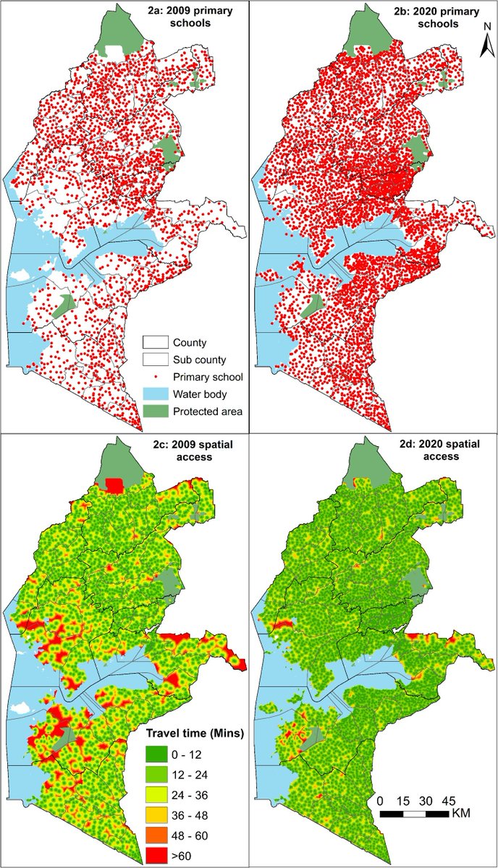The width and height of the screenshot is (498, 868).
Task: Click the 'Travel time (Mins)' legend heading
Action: click(x=195, y=732)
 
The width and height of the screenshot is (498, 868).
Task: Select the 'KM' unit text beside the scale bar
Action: click(x=460, y=814)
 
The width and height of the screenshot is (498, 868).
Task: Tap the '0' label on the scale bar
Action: click(x=380, y=801)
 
